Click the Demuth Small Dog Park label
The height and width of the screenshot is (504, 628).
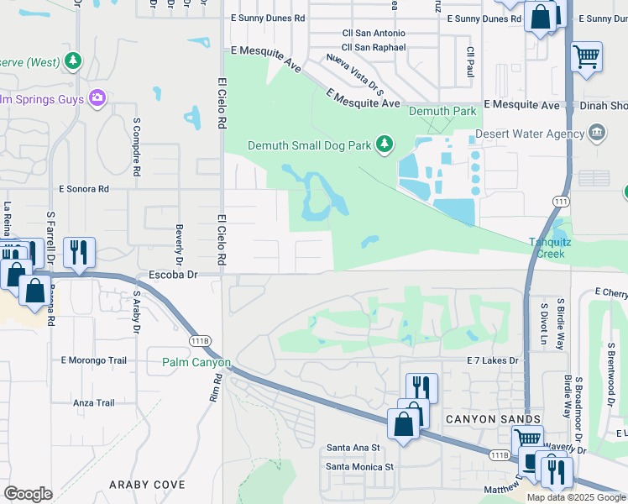[x=308, y=145]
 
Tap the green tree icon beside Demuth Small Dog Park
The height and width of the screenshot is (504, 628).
[x=385, y=145]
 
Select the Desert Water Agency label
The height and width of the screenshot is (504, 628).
[x=529, y=134]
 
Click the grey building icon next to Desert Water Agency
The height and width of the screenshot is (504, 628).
[x=597, y=132]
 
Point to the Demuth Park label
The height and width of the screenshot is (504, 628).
[x=442, y=111]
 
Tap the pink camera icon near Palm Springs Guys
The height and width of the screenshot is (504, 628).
[x=98, y=99]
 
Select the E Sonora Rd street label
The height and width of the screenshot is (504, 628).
[x=84, y=190]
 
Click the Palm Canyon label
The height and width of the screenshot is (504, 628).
[x=196, y=363]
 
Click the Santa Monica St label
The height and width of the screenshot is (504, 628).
[x=359, y=466]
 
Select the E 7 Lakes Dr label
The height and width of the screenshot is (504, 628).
[x=493, y=360]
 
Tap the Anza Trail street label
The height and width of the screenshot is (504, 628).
[x=93, y=403]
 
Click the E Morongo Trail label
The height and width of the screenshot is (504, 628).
[x=93, y=360]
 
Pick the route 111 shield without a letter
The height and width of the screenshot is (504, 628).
[x=561, y=201]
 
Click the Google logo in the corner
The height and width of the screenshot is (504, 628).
[x=29, y=493]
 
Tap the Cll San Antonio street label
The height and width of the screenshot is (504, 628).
[x=374, y=33]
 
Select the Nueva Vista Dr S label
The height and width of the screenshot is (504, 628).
[x=355, y=73]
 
